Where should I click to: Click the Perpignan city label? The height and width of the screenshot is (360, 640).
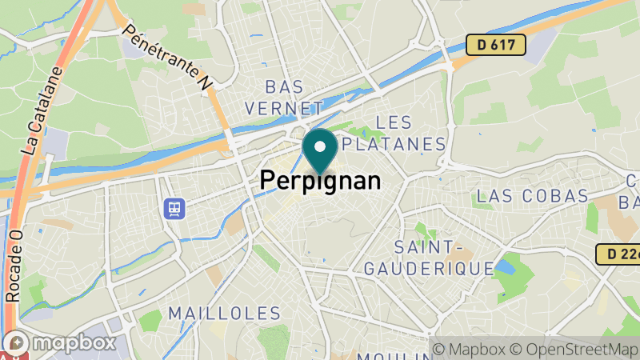click(x=320, y=180)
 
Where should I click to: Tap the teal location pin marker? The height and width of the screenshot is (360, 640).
click(x=320, y=151)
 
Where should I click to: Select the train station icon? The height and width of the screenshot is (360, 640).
click(x=173, y=209)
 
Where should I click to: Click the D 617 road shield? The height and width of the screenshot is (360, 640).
click(x=495, y=45)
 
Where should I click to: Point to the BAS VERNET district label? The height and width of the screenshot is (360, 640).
click(x=284, y=97)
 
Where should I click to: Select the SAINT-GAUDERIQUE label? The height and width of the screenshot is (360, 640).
click(x=429, y=258)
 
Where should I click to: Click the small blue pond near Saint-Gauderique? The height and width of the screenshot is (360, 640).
click(x=505, y=265)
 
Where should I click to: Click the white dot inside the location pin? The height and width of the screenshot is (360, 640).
click(x=320, y=146)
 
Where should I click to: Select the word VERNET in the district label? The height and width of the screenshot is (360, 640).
click(x=284, y=107)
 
